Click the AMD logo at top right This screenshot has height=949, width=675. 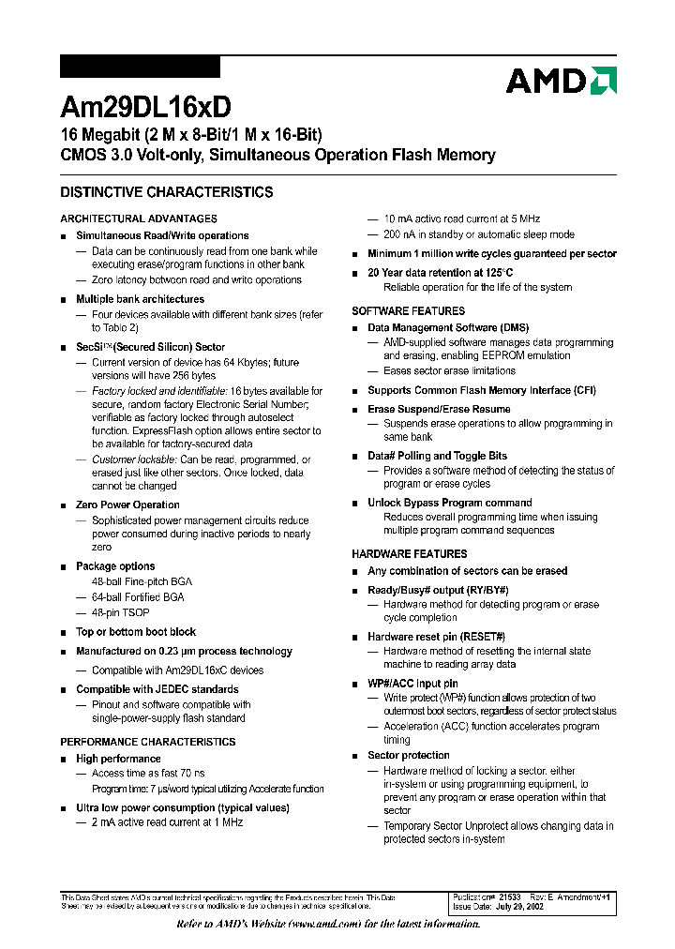pyautogui.click(x=561, y=81)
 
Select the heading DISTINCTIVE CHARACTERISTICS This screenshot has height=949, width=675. pyautogui.click(x=167, y=192)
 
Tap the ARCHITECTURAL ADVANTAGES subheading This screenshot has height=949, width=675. pyautogui.click(x=139, y=218)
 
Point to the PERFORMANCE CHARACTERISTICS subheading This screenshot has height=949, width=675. pyautogui.click(x=147, y=742)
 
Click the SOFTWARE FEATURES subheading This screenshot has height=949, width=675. pyautogui.click(x=408, y=310)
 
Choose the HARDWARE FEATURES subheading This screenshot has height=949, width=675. pyautogui.click(x=409, y=554)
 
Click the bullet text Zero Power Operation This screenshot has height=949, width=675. pyautogui.click(x=127, y=505)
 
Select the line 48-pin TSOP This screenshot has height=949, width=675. pyautogui.click(x=120, y=612)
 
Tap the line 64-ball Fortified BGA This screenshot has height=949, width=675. pyautogui.click(x=138, y=597)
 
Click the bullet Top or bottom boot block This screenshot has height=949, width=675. pyautogui.click(x=136, y=632)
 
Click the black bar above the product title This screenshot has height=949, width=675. pyautogui.click(x=140, y=67)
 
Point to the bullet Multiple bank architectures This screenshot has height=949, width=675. pyautogui.click(x=140, y=299)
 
